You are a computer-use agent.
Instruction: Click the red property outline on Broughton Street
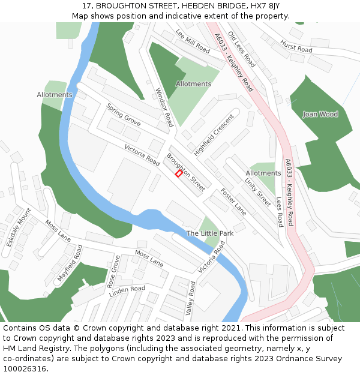point(178,173)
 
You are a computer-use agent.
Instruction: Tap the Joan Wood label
point(320,114)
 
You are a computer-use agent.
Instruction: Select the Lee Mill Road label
point(193,41)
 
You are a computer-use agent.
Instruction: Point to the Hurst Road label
point(296,46)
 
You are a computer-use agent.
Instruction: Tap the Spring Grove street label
point(124,115)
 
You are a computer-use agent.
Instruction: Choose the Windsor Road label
point(164,107)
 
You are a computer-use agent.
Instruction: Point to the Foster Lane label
point(233,202)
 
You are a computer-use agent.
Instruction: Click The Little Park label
point(209,233)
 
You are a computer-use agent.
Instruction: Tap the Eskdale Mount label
point(19,228)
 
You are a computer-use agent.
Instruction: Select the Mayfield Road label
point(70,263)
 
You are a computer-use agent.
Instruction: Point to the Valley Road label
point(191,299)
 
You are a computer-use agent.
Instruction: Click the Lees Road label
point(279,212)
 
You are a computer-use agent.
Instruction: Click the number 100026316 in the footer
point(25,368)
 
